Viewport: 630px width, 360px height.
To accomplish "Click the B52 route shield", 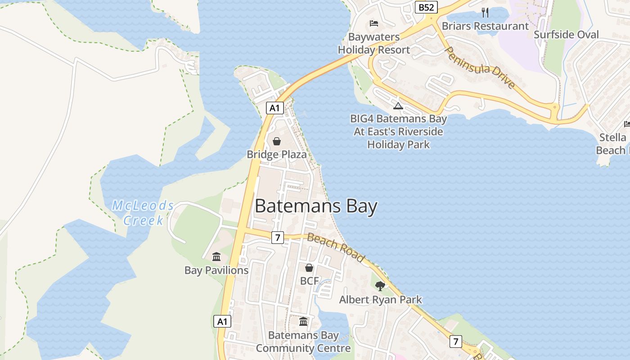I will [x=426, y=7].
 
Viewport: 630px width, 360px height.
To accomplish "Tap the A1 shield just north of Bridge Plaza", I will [x=275, y=108].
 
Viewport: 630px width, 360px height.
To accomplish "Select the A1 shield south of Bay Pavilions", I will [x=222, y=321].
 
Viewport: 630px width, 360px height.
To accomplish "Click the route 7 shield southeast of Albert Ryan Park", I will [x=455, y=342].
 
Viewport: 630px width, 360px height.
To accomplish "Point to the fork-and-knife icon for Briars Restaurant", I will [x=485, y=12].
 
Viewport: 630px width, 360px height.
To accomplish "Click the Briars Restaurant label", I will [x=485, y=26].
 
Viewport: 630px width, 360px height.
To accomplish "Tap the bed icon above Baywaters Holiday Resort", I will [x=373, y=23].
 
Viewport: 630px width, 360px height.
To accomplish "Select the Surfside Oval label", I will [x=566, y=35].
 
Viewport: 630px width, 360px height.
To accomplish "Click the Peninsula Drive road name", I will [x=480, y=67].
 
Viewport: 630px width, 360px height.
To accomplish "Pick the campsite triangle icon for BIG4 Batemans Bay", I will [x=398, y=106].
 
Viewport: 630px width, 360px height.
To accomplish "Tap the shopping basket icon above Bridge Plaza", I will [x=276, y=141].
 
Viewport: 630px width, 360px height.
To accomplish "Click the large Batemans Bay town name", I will [x=316, y=207].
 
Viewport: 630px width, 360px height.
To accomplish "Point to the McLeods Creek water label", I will [x=143, y=213].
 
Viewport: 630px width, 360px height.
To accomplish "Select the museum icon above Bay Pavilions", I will [x=216, y=257].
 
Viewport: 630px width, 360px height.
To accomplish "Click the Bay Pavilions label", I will [x=216, y=270].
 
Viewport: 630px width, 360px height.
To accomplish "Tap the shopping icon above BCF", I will [x=309, y=268].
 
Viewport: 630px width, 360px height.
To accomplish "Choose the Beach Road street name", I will [x=335, y=247].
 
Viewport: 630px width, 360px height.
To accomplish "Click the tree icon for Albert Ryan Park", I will [x=380, y=286].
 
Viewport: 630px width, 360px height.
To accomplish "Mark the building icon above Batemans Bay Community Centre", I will [x=303, y=322].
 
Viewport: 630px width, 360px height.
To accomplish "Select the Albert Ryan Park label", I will [x=380, y=300].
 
